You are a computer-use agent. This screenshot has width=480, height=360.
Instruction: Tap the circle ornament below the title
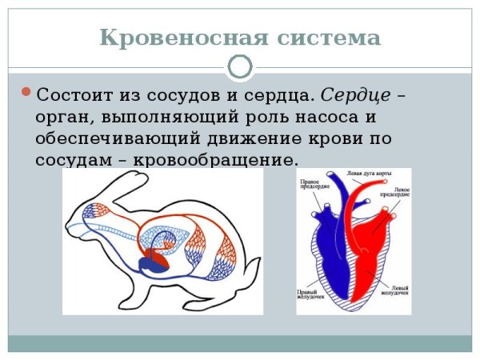240,67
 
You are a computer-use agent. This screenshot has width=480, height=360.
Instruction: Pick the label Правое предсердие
311,185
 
